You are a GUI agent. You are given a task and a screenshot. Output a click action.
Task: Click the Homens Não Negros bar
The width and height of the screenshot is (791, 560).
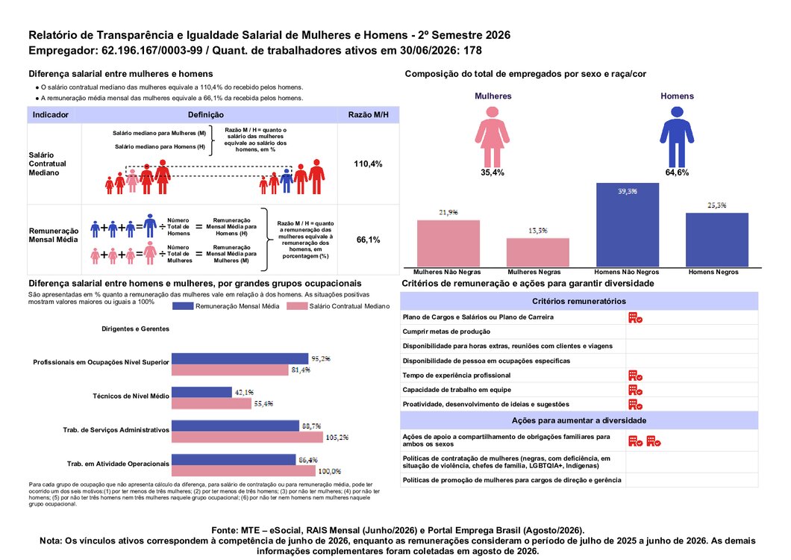point(628,225)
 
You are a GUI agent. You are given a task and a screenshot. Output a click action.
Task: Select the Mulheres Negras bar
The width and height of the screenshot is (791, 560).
point(538,252)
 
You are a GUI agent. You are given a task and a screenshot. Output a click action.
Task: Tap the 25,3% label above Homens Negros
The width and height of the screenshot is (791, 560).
point(717,205)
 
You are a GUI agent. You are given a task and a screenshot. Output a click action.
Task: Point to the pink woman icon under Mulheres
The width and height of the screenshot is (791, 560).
point(493,137)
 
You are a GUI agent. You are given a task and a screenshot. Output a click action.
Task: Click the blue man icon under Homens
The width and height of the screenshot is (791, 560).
point(677,137)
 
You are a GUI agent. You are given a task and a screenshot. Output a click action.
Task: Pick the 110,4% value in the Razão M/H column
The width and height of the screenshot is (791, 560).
point(368,164)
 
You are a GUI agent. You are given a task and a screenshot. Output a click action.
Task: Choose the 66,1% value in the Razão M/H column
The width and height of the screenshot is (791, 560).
point(368,240)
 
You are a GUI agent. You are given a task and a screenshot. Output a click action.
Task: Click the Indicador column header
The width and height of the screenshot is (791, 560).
point(51,115)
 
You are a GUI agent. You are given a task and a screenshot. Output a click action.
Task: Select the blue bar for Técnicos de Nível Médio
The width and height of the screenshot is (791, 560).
point(201,392)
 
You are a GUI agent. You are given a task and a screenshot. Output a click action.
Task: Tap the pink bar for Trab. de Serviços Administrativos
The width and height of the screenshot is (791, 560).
point(247,438)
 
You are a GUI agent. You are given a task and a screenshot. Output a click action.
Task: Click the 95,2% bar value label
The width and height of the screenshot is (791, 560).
point(321,358)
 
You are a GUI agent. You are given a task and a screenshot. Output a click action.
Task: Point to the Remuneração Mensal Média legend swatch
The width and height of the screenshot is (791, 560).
point(183,306)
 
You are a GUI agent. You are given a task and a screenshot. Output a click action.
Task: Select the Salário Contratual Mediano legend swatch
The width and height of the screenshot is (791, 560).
point(297,306)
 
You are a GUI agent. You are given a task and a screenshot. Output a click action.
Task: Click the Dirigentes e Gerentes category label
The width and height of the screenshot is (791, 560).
point(135,329)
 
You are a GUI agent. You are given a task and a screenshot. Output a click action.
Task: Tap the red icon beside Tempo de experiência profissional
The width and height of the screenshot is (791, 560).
point(635,375)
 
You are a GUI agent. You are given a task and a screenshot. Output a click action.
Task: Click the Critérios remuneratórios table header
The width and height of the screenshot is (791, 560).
point(579,301)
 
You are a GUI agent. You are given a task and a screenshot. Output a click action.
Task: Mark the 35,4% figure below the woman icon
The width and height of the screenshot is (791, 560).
point(493,172)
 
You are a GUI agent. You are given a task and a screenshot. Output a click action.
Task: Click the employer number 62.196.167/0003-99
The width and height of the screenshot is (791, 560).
point(151,51)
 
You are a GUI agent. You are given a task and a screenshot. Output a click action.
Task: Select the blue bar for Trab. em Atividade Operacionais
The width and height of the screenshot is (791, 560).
point(234,459)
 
